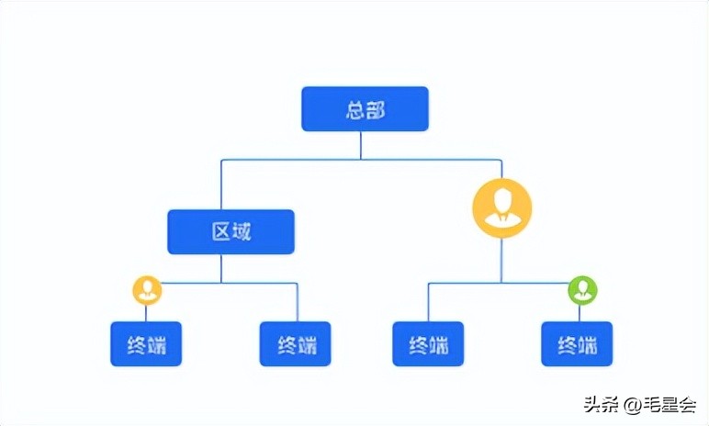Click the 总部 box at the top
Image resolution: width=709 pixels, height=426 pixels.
[365, 109]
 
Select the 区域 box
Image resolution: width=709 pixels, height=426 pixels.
[231, 231]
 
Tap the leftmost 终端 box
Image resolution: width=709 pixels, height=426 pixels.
[146, 344]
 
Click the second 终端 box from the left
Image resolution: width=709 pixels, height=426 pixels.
[296, 344]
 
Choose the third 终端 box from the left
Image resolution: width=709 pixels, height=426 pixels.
[428, 344]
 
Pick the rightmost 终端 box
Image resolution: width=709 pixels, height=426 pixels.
[577, 344]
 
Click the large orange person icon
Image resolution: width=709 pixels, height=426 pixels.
[501, 207]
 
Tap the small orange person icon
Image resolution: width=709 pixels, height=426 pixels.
[147, 290]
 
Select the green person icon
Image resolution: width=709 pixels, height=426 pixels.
[582, 290]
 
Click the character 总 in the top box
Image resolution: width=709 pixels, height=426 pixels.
[355, 110]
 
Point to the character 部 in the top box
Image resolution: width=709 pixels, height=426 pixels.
[375, 110]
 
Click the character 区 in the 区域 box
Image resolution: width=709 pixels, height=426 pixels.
[221, 232]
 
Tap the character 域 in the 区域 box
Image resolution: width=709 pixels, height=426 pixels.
[241, 232]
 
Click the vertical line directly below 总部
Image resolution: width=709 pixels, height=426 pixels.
[361, 145]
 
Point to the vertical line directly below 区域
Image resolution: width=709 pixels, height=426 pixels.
[221, 267]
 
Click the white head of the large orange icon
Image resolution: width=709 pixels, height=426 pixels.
[501, 197]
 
